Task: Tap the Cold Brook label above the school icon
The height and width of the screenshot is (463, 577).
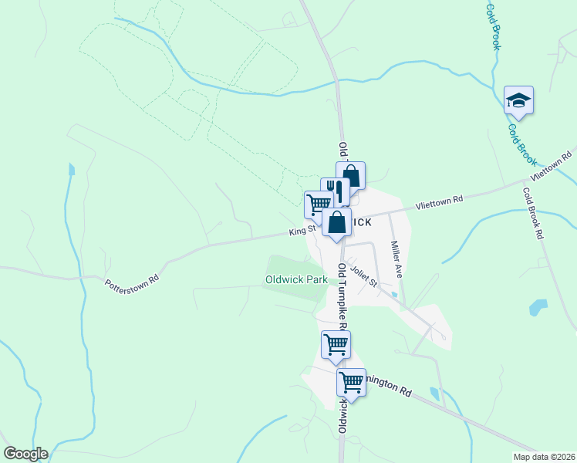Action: (x=493, y=27)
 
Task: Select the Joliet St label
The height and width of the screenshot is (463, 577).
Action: (x=363, y=275)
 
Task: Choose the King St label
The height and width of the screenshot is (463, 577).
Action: (x=302, y=230)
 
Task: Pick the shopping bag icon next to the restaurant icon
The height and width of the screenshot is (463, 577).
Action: (x=350, y=175)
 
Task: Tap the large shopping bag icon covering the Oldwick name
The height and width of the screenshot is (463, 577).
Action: (x=337, y=223)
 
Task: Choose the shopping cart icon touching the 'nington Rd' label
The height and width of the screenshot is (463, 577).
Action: (x=351, y=381)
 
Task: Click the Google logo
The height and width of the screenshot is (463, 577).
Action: (x=25, y=454)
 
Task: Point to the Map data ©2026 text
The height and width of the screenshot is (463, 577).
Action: (x=543, y=457)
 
